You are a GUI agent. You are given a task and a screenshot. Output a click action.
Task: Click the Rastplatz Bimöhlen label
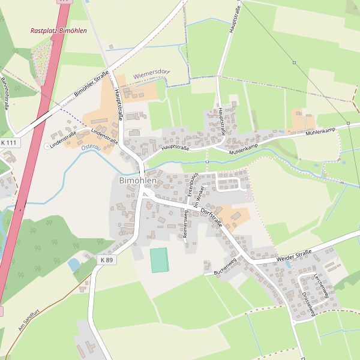click(58, 31)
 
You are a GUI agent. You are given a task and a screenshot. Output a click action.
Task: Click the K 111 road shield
click(9, 142)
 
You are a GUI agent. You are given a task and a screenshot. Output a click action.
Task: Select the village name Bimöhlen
click(137, 180)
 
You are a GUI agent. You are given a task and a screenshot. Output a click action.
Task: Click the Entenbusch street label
click(192, 185)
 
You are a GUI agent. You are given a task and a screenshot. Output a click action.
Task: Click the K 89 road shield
click(106, 259)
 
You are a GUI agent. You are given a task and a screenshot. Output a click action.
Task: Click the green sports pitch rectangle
click(160, 260)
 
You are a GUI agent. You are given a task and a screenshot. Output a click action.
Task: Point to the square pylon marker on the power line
click(294, 62)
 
